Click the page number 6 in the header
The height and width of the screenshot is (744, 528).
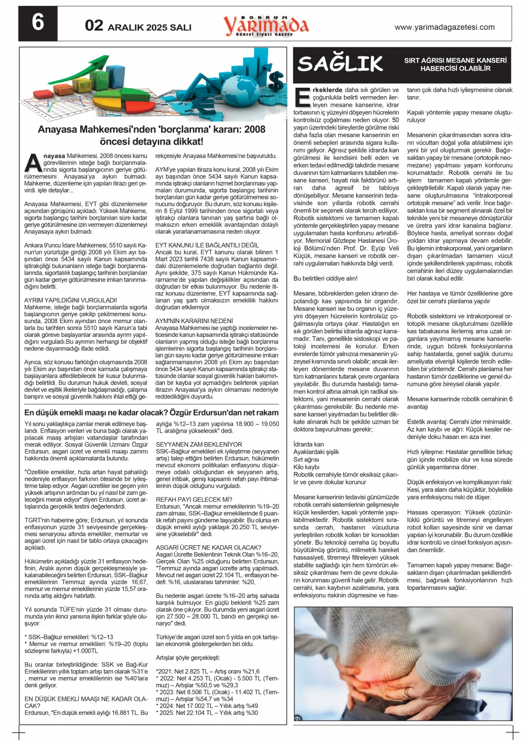click(38, 23)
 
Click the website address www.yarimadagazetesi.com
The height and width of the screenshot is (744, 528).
click(445, 27)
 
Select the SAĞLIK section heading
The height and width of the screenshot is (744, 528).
click(340, 64)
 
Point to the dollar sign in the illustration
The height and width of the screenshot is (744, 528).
click(276, 81)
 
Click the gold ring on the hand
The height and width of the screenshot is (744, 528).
click(406, 693)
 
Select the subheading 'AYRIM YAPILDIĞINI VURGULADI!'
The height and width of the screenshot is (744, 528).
click(71, 300)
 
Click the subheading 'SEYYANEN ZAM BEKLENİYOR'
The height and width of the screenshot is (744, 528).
click(199, 444)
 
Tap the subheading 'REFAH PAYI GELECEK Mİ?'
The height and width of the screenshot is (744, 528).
click(194, 500)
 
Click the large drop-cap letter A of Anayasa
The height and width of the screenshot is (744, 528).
click(32, 163)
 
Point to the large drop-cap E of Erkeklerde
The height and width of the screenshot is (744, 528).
click(302, 98)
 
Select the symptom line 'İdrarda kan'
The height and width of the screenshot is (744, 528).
click(308, 444)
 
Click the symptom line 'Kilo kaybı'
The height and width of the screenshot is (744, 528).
click(307, 467)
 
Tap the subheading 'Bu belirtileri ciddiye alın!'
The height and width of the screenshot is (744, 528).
click(325, 278)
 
